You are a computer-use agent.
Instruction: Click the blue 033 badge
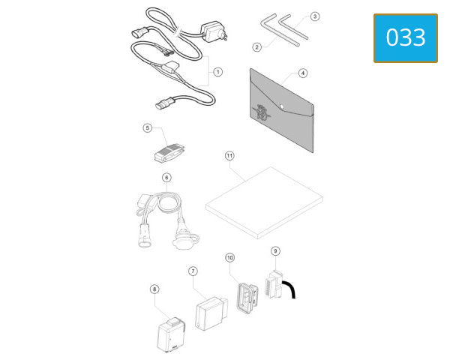tap(406, 38)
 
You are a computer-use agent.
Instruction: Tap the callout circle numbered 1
tap(217, 72)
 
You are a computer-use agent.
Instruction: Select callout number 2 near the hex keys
tap(256, 47)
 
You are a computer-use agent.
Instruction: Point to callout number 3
tap(315, 16)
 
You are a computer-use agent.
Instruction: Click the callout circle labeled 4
tap(303, 73)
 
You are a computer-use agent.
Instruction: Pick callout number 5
tap(148, 127)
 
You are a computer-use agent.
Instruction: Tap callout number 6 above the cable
tap(166, 178)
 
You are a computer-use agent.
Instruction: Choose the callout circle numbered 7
tap(193, 271)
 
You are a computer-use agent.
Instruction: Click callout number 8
tap(154, 289)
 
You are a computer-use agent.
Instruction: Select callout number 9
tap(275, 251)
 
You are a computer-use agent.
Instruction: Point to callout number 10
tap(230, 258)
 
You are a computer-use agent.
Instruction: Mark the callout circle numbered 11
tap(229, 156)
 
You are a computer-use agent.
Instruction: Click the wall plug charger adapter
tap(214, 31)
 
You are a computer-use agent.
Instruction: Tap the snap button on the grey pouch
tap(282, 106)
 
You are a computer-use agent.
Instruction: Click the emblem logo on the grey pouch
tap(261, 112)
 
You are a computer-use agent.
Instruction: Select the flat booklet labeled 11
tap(264, 202)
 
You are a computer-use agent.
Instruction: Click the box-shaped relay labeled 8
tap(172, 334)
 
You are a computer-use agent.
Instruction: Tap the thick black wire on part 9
tap(290, 288)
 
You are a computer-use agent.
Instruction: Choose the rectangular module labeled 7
tap(211, 313)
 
